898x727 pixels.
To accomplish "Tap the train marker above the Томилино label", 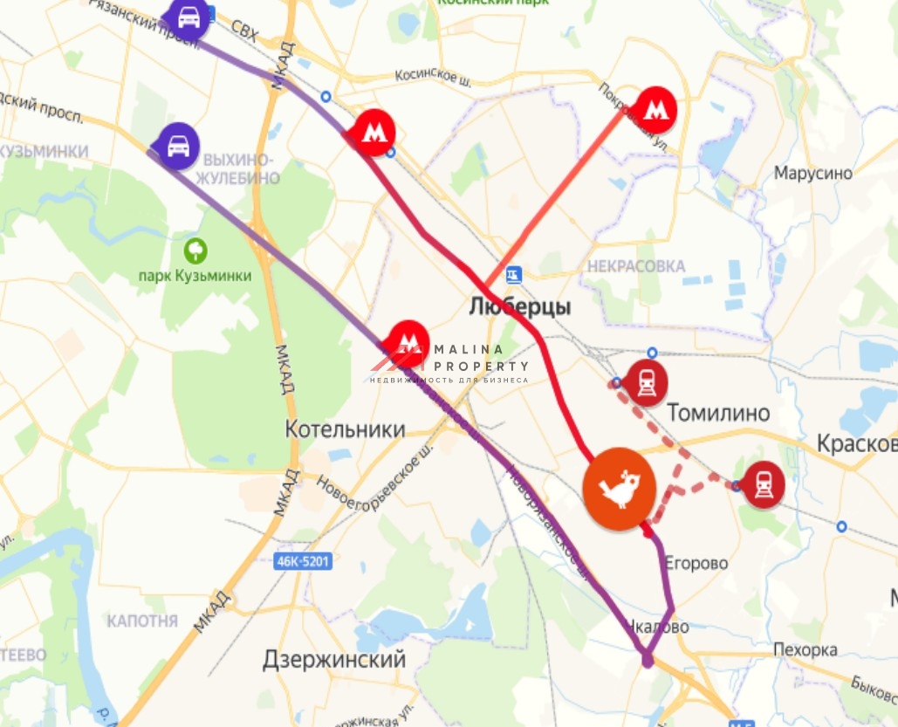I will tap(647, 382).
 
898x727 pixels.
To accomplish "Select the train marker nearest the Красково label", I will tap(764, 484).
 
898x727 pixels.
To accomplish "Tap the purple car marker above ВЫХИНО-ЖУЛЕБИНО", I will tap(179, 145).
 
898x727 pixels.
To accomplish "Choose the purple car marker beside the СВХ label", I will tap(189, 17).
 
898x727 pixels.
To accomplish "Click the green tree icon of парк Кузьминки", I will tap(195, 251).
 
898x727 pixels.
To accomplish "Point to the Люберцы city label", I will tap(520, 307).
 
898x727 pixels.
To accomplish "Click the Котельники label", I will tap(346, 429).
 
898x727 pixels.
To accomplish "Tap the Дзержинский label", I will tap(334, 660).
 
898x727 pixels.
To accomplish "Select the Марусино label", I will tap(812, 173).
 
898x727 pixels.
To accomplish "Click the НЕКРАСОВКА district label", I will tap(636, 266).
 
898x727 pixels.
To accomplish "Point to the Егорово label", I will tap(696, 563).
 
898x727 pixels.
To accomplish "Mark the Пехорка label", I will tap(805, 650).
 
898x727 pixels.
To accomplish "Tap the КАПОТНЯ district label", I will tap(142, 621).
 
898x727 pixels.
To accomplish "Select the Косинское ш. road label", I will tap(433, 79).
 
